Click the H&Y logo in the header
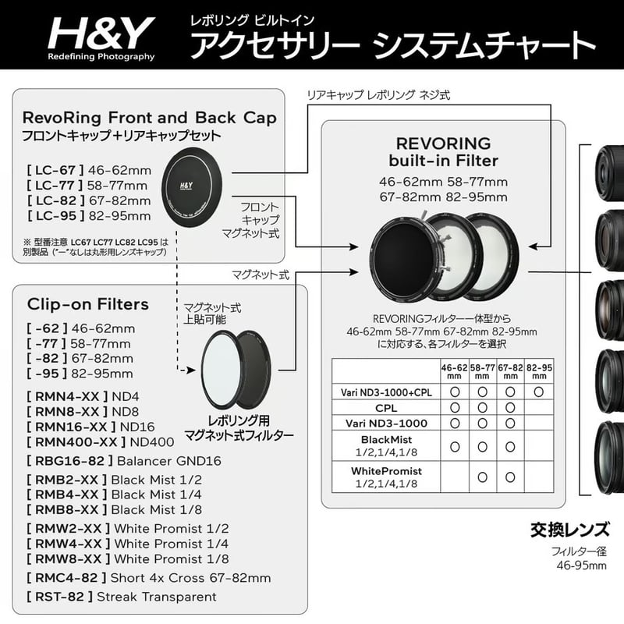[x=101, y=38]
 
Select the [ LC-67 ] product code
[x=55, y=170]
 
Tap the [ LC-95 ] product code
[x=55, y=216]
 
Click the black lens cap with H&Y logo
[x=192, y=187]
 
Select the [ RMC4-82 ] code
[x=66, y=578]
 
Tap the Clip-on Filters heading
[x=88, y=304]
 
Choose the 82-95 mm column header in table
[x=539, y=372]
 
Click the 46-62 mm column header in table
[x=455, y=372]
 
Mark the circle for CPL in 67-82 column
[x=510, y=408]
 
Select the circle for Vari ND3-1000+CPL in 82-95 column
[x=539, y=392]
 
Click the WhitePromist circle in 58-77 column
[x=482, y=477]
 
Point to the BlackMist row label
[x=386, y=445]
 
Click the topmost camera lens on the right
[x=609, y=172]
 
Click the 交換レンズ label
[x=570, y=530]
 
